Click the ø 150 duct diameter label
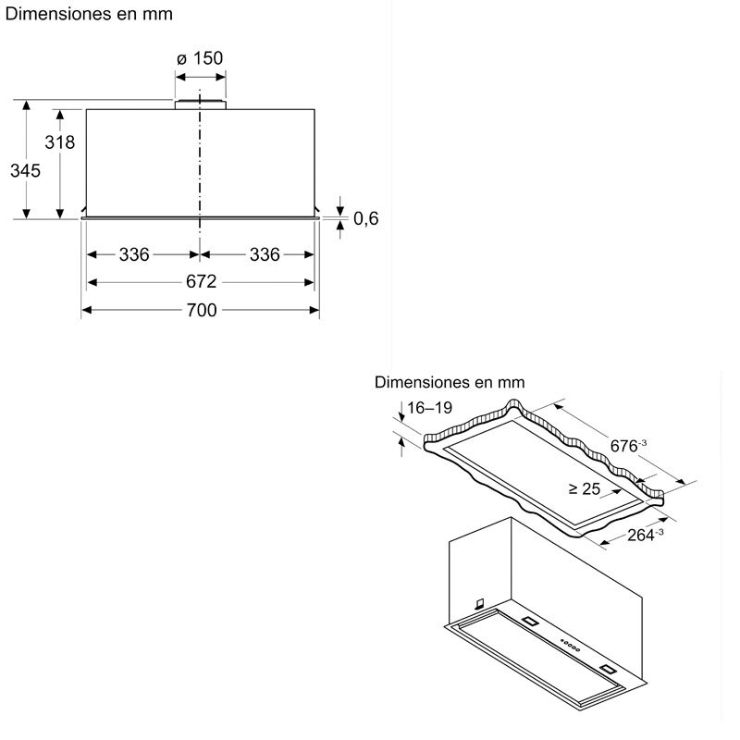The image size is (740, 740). [199, 58]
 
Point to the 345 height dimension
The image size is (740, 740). [25, 170]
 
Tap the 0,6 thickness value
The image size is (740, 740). [366, 218]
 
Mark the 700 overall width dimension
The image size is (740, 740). [201, 311]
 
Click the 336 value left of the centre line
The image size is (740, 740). [134, 254]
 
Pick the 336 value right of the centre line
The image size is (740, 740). [265, 254]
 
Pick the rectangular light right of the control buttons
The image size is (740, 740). [607, 667]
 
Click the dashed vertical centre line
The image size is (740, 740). [199, 166]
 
